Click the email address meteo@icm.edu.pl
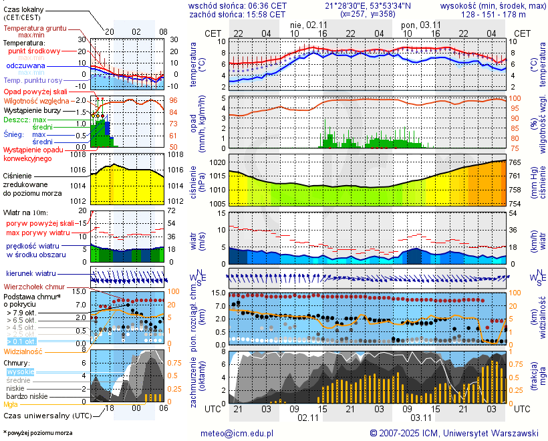[x=237, y=433]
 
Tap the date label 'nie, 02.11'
[x=308, y=25]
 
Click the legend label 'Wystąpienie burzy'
[x=31, y=110]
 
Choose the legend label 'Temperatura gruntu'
[x=35, y=29]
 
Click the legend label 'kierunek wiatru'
[x=31, y=274]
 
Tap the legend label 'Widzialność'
[x=23, y=351]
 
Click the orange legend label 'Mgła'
[x=11, y=404]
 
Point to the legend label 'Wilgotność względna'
[x=37, y=100]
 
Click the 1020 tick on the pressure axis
[x=218, y=162]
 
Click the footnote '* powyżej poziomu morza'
[x=37, y=433]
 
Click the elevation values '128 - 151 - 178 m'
[x=493, y=14]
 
